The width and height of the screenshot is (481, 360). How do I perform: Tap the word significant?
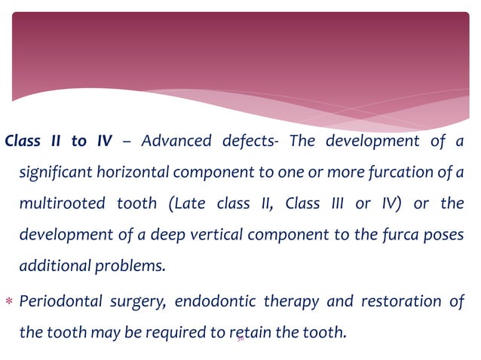coord(54,173)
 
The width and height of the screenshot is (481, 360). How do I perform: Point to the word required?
coord(186,332)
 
